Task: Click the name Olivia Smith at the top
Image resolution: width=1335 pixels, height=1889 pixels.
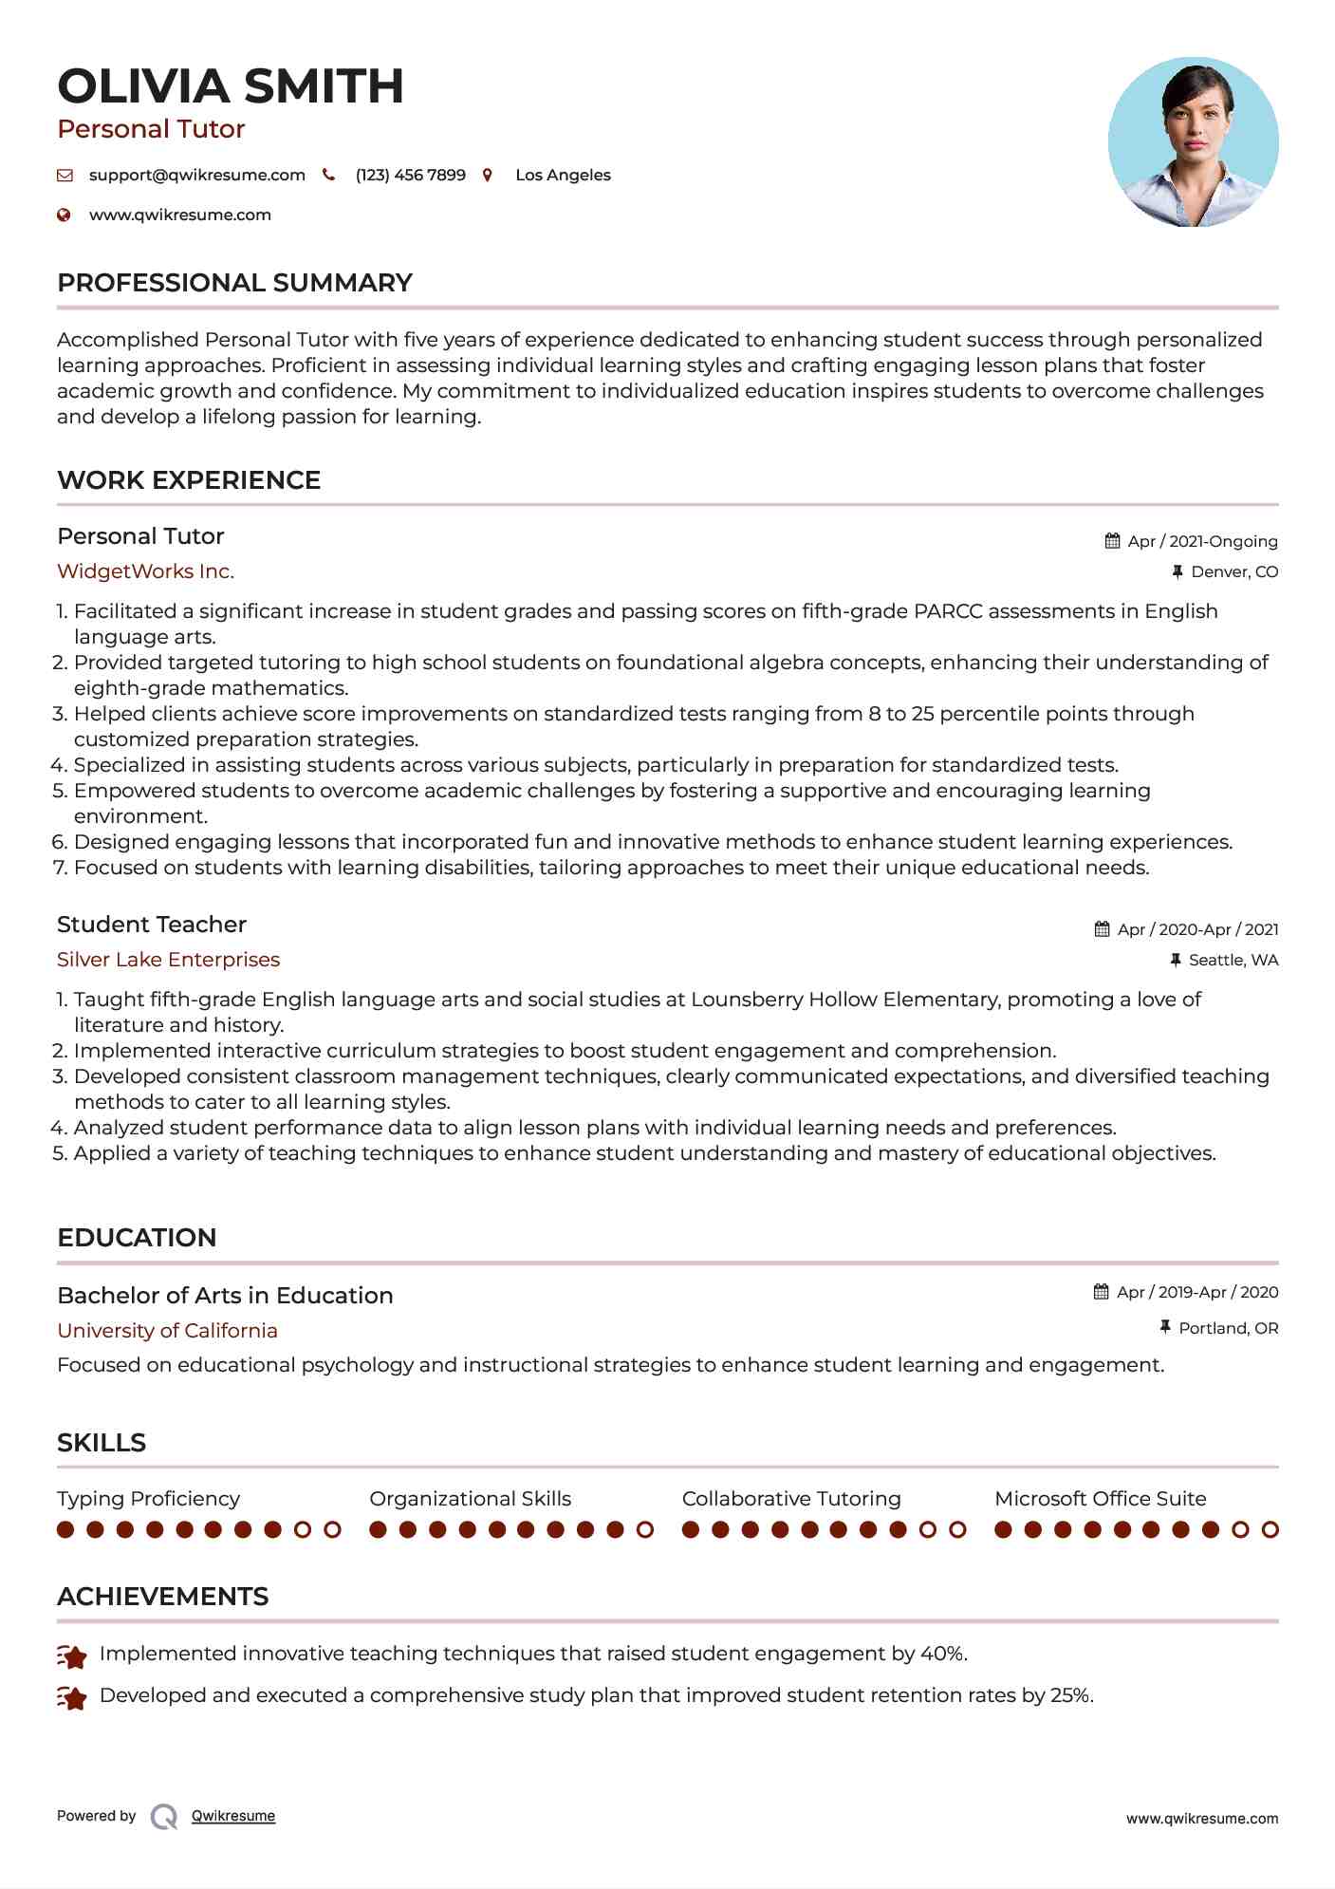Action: pyautogui.click(x=231, y=86)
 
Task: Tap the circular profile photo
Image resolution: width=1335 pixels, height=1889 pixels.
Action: pyautogui.click(x=1193, y=142)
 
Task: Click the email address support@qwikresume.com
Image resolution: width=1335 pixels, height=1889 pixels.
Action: pyautogui.click(x=196, y=175)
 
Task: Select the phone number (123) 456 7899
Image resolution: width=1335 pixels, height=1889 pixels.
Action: pyautogui.click(x=410, y=175)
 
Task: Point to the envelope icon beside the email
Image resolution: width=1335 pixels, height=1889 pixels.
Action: pyautogui.click(x=65, y=175)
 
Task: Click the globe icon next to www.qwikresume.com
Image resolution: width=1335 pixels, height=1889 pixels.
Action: pyautogui.click(x=64, y=215)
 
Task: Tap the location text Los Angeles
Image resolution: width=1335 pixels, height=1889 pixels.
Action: pyautogui.click(x=563, y=175)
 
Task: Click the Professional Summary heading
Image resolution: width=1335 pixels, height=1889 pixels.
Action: pyautogui.click(x=234, y=283)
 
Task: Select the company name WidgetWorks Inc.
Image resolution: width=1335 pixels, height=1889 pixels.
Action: pyautogui.click(x=145, y=571)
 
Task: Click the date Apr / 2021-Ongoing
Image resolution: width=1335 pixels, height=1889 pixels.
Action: pyautogui.click(x=1202, y=541)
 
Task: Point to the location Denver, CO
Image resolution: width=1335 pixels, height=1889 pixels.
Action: pyautogui.click(x=1234, y=571)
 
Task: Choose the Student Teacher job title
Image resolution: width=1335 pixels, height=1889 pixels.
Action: pyautogui.click(x=152, y=925)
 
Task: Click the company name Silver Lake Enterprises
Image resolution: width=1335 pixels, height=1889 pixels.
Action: pyautogui.click(x=168, y=960)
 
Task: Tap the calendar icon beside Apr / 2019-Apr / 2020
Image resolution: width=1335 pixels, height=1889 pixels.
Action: pyautogui.click(x=1101, y=1292)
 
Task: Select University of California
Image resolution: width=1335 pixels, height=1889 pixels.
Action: pyautogui.click(x=167, y=1331)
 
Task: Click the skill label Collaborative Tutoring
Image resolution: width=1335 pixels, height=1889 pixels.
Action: pyautogui.click(x=791, y=1499)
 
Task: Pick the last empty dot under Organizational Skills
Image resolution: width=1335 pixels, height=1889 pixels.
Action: pyautogui.click(x=645, y=1529)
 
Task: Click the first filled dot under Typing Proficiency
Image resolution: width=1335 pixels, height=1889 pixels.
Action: pyautogui.click(x=65, y=1529)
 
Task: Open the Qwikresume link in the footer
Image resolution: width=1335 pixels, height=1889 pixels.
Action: pyautogui.click(x=233, y=1816)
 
